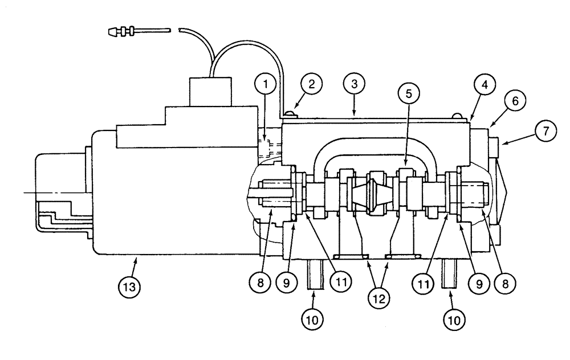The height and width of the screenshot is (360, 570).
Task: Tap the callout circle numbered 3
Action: point(354,85)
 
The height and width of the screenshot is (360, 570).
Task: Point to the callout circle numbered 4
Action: point(483,86)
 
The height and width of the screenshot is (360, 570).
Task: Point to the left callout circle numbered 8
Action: point(260,281)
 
